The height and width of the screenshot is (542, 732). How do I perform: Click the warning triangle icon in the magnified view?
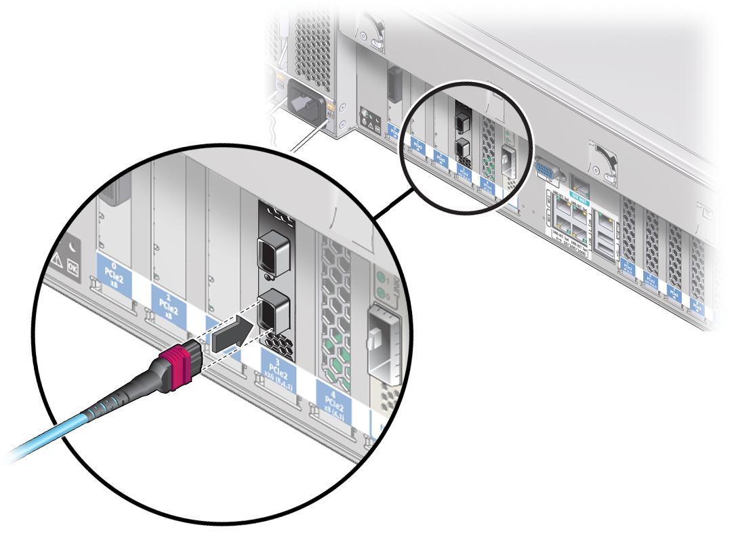[56, 261]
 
